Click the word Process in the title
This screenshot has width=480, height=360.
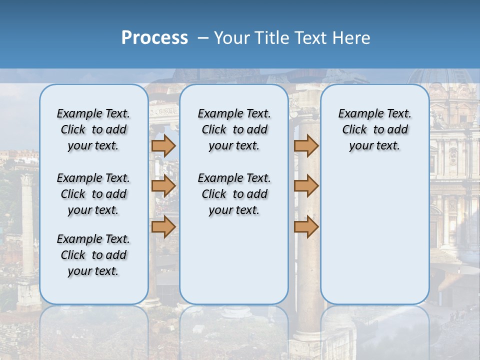tap(154, 38)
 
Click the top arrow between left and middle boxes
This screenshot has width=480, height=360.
tap(163, 146)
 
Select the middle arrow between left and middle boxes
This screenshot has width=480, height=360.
tap(163, 186)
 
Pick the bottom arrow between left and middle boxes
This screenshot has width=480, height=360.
tap(163, 226)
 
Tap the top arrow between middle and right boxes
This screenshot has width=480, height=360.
tap(306, 146)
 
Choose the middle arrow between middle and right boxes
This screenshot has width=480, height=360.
tap(306, 186)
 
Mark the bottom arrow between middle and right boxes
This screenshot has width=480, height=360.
tap(306, 226)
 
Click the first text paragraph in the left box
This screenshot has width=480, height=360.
tap(93, 129)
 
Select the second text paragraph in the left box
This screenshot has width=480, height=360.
tap(93, 194)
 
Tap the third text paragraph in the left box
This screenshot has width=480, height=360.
tap(93, 255)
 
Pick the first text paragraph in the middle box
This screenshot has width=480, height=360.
tap(234, 129)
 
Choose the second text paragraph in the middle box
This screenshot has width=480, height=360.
tap(234, 194)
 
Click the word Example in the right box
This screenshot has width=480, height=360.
tap(356, 114)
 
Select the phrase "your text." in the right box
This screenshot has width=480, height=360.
tap(374, 146)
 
